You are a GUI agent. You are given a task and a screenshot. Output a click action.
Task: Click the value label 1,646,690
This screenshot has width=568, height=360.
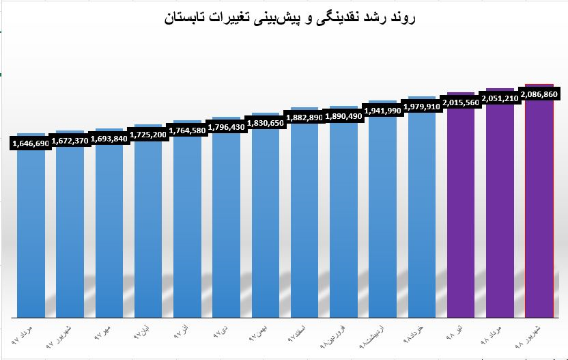pos(30,143)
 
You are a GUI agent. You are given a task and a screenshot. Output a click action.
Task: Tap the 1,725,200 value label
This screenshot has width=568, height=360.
pos(147,135)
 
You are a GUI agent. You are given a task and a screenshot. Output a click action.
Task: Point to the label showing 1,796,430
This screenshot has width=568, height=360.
pos(226,126)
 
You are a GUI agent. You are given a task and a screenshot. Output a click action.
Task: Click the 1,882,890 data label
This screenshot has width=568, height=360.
pos(304,117)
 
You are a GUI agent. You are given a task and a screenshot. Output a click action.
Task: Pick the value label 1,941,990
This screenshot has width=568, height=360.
pos(382,110)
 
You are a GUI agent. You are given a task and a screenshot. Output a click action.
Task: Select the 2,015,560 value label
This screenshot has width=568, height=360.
pos(461,102)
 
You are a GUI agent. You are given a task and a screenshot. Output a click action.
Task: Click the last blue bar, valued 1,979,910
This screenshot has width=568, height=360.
pos(422,219)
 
